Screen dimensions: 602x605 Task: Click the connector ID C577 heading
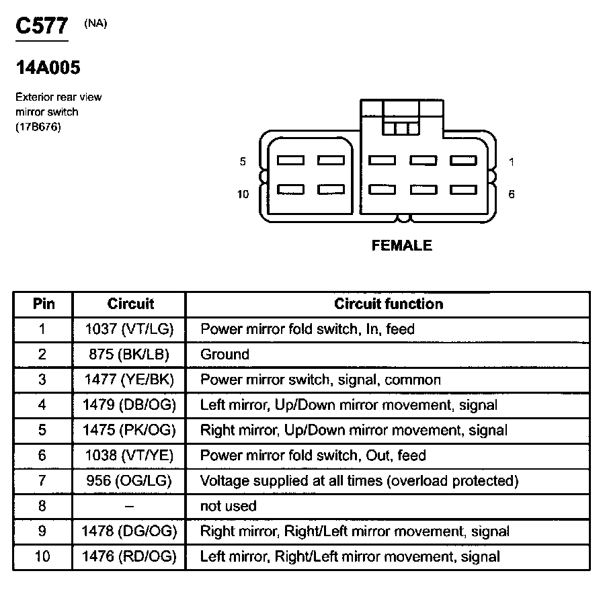[x=42, y=26]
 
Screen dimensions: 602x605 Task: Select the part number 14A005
[x=48, y=69]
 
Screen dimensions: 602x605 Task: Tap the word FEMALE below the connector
[x=401, y=246]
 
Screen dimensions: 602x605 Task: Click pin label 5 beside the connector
[x=243, y=161]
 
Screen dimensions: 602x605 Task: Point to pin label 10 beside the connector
[x=243, y=194]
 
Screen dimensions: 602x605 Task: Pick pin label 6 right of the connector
[x=512, y=194]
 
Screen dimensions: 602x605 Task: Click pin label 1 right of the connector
[x=512, y=161]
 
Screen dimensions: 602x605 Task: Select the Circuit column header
[x=130, y=304]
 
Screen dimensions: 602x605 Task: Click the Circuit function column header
[x=389, y=304]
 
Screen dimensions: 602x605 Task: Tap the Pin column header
[x=44, y=304]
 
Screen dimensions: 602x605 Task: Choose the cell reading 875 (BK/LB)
[x=130, y=354]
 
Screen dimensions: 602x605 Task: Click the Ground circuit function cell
[x=225, y=354]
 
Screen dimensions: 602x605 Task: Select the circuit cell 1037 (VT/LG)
[x=130, y=329]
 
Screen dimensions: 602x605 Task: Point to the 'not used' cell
[x=228, y=506]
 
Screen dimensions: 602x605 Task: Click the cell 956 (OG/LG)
[x=130, y=480]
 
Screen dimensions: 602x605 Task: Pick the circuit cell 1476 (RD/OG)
[x=130, y=556]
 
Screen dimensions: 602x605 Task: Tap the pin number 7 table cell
[x=43, y=480]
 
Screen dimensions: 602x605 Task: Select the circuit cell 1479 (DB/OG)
[x=130, y=404]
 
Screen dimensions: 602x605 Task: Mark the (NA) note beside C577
[x=95, y=24]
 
